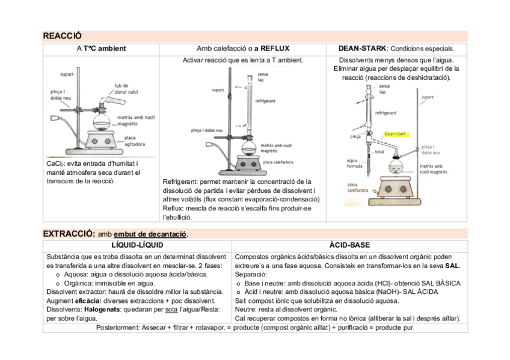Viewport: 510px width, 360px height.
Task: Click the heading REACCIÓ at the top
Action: point(62,36)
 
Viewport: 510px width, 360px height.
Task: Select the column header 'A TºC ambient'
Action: point(101,48)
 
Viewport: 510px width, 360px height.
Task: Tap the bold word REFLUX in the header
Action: point(264,48)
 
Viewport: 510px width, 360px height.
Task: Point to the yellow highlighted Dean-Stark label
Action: point(396,134)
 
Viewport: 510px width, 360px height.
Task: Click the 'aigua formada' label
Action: point(354,163)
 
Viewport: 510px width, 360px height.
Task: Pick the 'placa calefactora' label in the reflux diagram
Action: point(278,162)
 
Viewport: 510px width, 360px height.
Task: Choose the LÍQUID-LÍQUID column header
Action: point(137,245)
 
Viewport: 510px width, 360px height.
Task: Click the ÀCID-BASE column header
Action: point(349,245)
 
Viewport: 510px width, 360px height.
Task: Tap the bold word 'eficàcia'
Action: point(87,300)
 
